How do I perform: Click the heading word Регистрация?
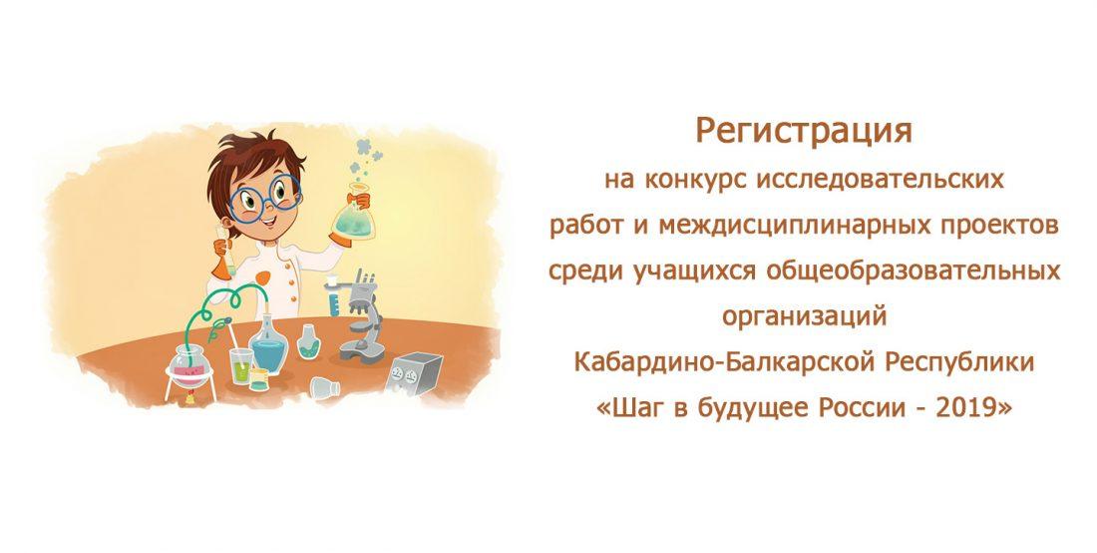804,130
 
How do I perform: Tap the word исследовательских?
881,181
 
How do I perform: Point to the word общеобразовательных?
913,271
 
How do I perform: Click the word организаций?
804,317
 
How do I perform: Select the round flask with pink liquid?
185,364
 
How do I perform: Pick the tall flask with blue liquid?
268,345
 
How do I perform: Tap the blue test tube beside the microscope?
332,301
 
